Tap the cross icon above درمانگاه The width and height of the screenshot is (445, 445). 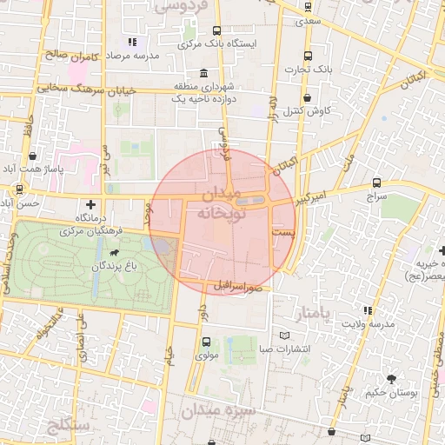tap(90, 203)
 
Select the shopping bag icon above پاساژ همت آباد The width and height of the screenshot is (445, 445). tap(33, 156)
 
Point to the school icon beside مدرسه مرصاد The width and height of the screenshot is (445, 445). tap(131, 42)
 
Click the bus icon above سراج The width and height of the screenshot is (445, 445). tap(376, 183)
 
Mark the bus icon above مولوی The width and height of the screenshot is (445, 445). tap(206, 342)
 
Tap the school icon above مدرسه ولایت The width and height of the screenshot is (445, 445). tap(368, 310)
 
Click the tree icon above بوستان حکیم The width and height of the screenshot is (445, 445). tap(391, 379)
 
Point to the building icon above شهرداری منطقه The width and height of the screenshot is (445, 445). tap(203, 73)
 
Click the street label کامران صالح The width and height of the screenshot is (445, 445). tap(69, 54)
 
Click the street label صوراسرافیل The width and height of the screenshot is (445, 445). tap(236, 285)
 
